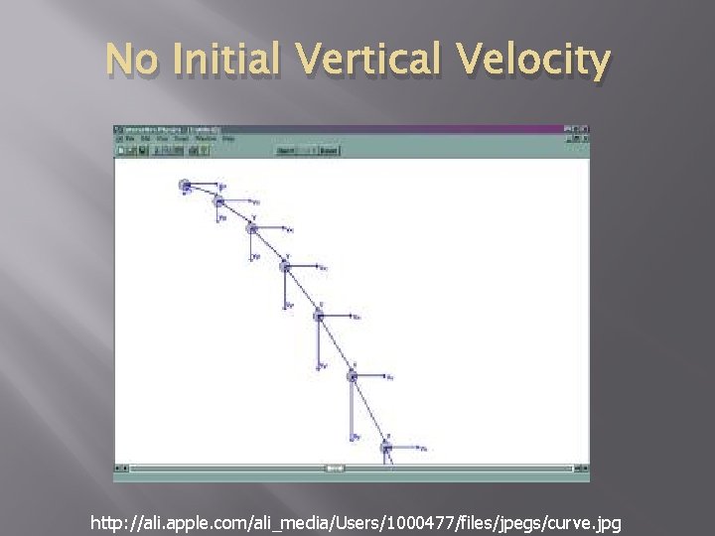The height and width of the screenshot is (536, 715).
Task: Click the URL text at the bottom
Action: pos(356,521)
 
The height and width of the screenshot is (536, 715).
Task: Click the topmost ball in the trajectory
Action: pos(185,185)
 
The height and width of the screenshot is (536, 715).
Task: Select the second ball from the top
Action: pos(218,201)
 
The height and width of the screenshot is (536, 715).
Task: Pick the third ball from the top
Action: pos(252,228)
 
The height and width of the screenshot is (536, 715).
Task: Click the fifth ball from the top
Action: pos(319,315)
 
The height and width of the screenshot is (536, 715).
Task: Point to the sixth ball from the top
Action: pos(353,375)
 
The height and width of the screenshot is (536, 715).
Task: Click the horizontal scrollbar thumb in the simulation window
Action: pos(335,468)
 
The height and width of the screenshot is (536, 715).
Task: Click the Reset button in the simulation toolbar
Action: pos(328,151)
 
